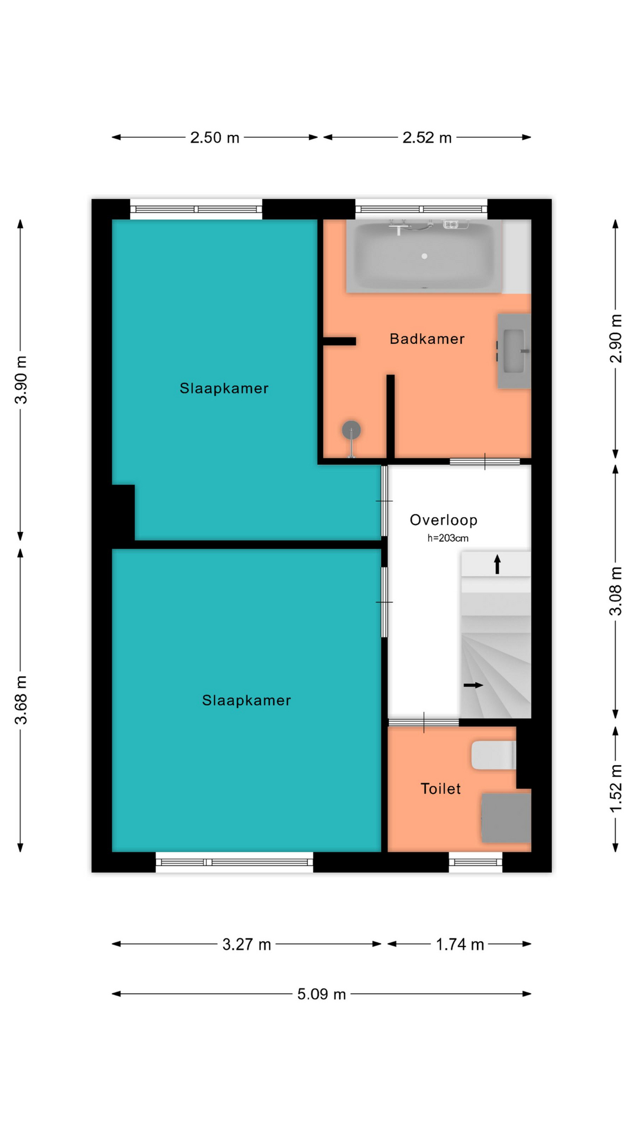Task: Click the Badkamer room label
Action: coord(427,339)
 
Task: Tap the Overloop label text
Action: coord(443,520)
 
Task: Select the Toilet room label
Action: coord(440,789)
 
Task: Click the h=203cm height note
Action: coord(448,538)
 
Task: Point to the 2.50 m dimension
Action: coord(214,137)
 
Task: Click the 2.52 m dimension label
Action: coord(427,137)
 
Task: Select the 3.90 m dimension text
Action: coord(21,379)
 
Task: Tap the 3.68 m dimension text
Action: coord(21,700)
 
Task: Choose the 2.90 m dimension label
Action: coord(615,339)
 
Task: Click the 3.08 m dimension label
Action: coord(615,591)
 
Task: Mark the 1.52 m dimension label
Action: coord(615,788)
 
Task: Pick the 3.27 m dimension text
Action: coord(246,944)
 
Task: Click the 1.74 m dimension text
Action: coord(459,944)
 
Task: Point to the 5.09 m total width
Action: coord(321,994)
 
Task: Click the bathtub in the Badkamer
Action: coord(424,256)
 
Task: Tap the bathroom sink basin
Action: coord(514,351)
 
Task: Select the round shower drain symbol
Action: coord(352,429)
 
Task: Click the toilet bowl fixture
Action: coord(493,755)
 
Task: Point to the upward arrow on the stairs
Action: coord(498,564)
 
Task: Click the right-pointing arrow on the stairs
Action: coord(473,685)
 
